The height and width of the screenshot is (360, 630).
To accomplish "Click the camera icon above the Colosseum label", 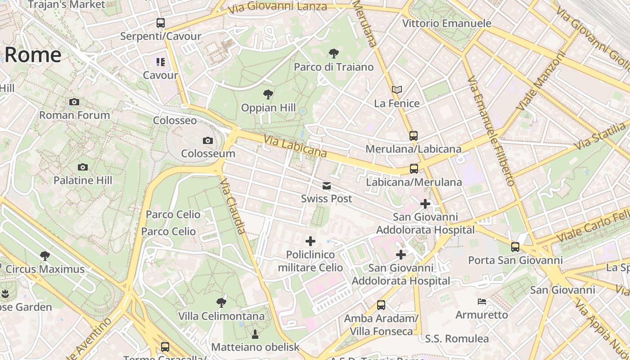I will coord(207,140).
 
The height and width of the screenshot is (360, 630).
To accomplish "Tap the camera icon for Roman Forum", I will coord(74,102).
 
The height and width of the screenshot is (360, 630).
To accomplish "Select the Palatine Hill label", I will coord(83,180).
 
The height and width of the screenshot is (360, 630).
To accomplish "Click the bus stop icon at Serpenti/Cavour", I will coord(161,22).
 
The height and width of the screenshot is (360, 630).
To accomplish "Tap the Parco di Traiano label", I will coord(333,67).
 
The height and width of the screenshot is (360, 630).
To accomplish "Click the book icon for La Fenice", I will coord(396,90).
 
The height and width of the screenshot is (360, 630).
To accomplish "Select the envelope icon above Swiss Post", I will coord(326,185).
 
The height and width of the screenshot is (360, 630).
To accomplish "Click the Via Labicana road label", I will coord(295,147).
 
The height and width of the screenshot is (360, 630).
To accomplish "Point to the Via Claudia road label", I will coord(233,206).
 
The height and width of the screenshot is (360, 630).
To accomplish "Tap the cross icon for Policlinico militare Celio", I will coord(310,241).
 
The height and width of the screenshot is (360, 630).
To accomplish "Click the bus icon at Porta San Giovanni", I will coord(515,247).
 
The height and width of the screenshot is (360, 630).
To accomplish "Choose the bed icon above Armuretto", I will coord(482,301).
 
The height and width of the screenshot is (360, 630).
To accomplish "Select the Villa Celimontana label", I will coord(221,316).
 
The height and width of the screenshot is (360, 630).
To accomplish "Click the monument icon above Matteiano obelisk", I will coord(255,334).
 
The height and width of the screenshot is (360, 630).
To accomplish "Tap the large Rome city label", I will coord(32,55).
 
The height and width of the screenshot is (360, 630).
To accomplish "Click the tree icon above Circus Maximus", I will coord(45,256).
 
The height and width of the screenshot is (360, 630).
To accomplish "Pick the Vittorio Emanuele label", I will coord(446,23).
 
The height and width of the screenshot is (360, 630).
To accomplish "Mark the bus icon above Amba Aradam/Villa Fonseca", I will coord(381,305).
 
